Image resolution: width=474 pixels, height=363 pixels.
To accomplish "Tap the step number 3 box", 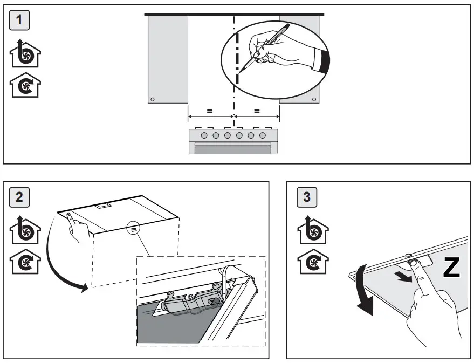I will (x=307, y=197).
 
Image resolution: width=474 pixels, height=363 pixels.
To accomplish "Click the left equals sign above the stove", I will (x=210, y=111).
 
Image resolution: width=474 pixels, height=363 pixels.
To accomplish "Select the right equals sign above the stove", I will (x=257, y=111).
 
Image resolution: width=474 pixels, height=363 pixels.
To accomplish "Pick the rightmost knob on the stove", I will (x=263, y=135).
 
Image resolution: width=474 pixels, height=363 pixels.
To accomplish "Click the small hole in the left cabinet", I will (x=153, y=99).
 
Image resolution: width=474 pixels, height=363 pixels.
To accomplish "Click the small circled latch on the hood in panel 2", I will (x=133, y=229).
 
